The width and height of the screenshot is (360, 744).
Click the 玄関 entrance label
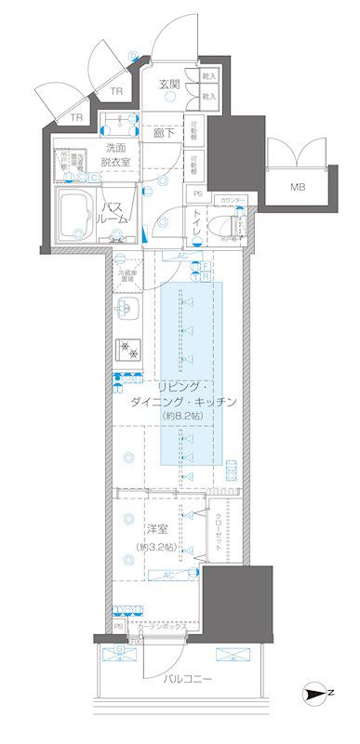(168, 84)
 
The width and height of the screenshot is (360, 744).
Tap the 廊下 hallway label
(165, 133)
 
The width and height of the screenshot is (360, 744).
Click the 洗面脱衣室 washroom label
(116, 154)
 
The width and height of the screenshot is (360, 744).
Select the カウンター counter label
(233, 200)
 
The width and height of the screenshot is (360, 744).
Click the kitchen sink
(128, 309)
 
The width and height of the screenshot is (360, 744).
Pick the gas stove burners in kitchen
(127, 350)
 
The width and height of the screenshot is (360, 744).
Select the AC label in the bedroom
(168, 575)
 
